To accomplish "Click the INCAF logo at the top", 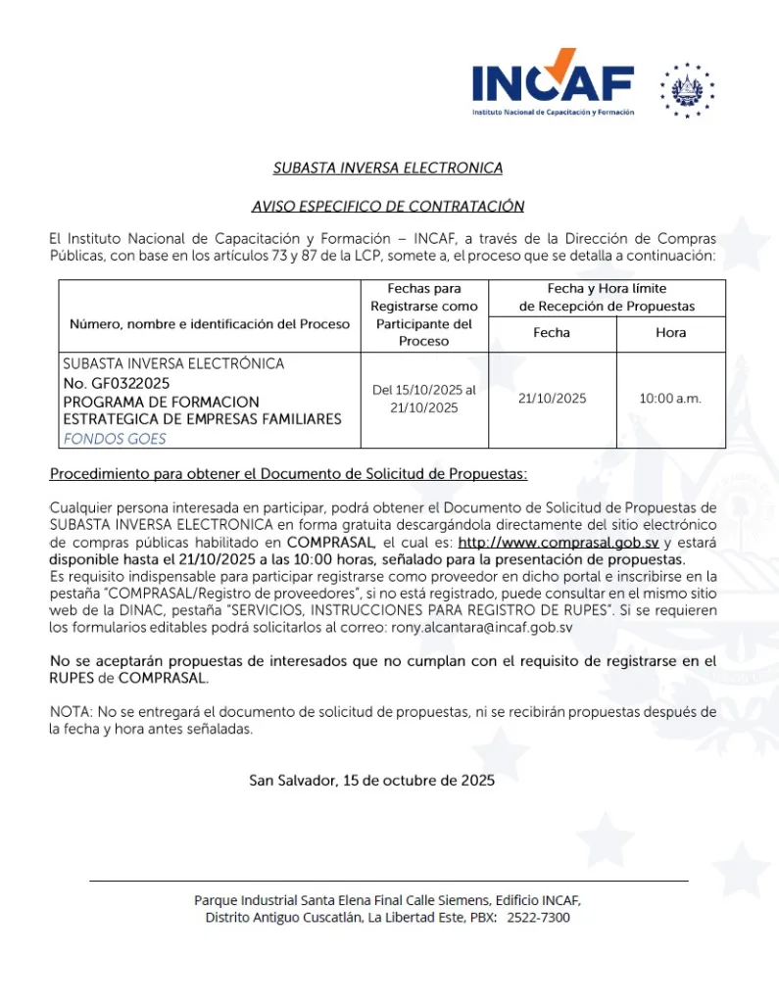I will click(553, 82).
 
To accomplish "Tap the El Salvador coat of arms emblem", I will click(688, 90).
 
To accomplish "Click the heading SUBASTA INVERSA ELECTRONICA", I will click(388, 168).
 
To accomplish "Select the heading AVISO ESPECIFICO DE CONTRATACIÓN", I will click(388, 207).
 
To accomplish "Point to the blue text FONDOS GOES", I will click(115, 439).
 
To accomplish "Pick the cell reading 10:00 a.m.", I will click(670, 399).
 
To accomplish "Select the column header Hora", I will click(670, 333).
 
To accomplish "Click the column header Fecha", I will click(551, 333).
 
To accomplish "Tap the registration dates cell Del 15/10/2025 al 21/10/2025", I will click(423, 399).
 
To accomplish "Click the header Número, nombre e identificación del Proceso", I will click(210, 324).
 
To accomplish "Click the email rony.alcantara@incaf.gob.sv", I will click(488, 626).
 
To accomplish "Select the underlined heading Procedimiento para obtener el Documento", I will click(288, 475).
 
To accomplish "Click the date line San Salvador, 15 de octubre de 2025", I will click(371, 781).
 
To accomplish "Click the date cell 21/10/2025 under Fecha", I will click(552, 399).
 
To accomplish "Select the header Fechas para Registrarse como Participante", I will click(423, 314).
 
